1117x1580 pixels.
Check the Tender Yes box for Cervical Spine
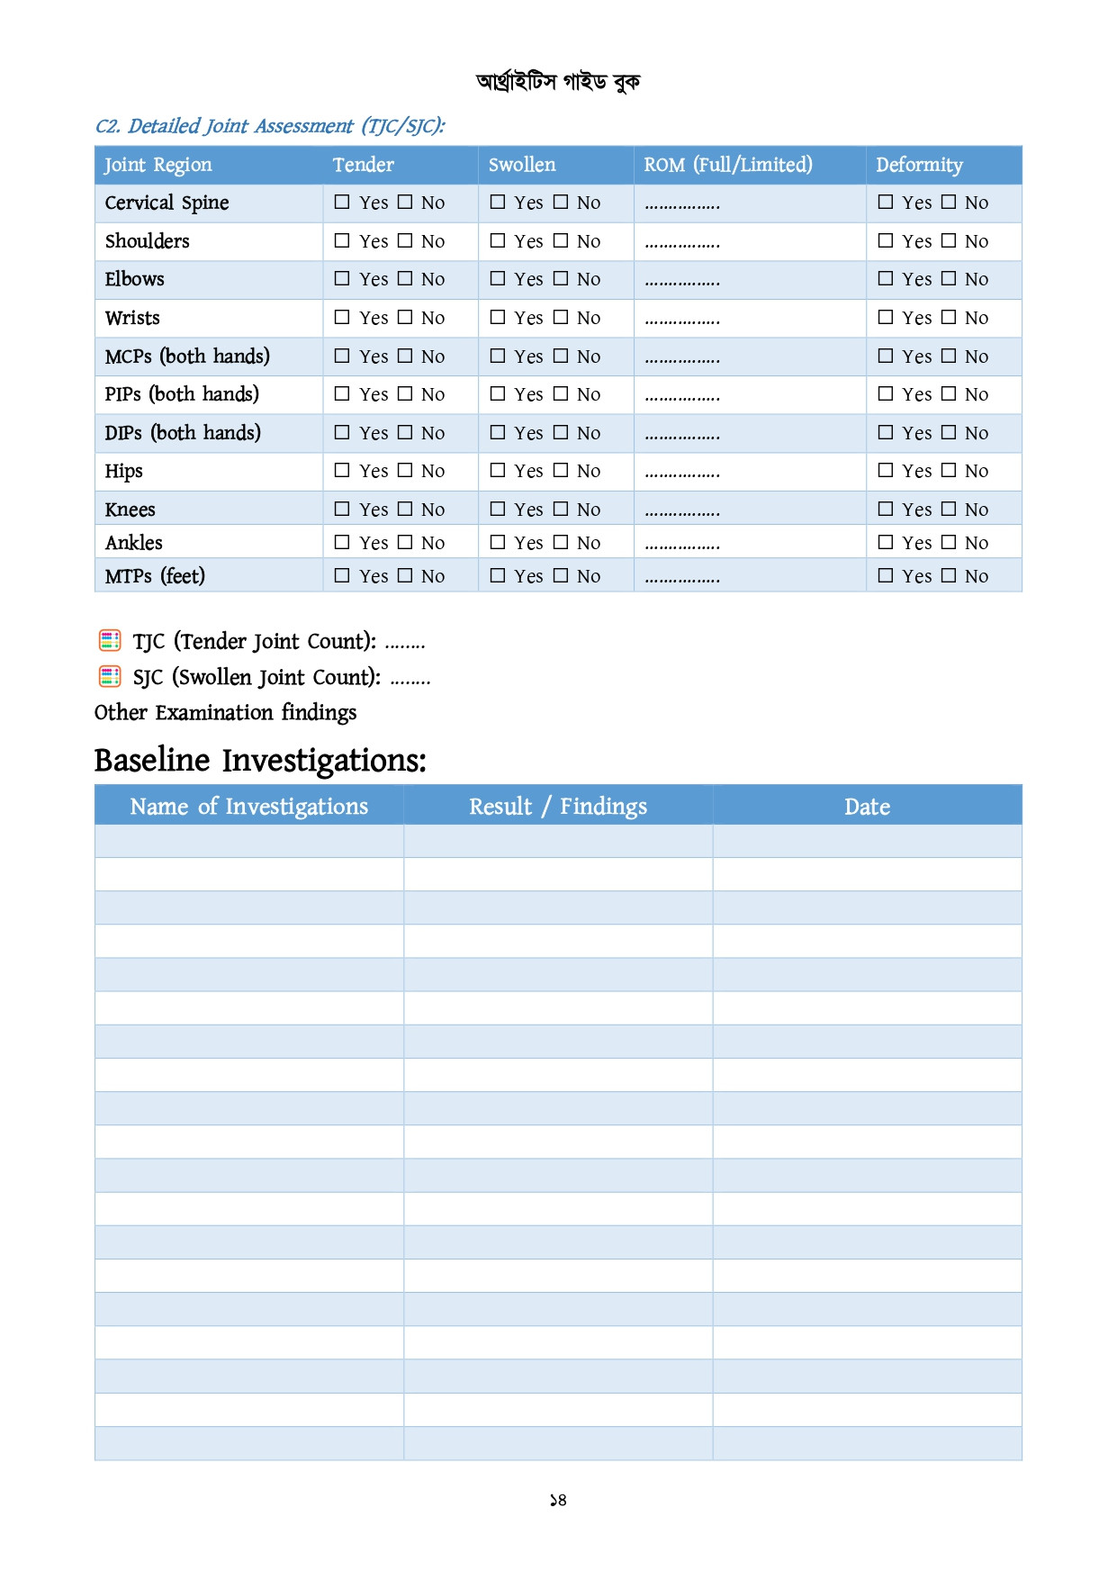(x=342, y=203)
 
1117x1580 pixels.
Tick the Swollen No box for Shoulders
(x=561, y=240)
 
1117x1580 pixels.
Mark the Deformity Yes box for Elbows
(x=886, y=279)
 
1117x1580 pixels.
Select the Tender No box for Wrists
(x=405, y=317)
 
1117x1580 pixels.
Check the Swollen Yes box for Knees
(x=498, y=509)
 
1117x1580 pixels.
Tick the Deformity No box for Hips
(x=948, y=470)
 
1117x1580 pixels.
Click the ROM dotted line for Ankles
(x=682, y=545)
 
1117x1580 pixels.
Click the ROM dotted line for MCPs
(x=682, y=358)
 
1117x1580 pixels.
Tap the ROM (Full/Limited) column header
(x=727, y=165)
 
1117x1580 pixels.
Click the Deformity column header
(x=919, y=165)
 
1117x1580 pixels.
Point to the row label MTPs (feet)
(x=155, y=576)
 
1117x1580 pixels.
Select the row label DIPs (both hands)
(x=183, y=433)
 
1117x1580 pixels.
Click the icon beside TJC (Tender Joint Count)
(x=110, y=641)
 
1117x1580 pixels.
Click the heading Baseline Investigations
(x=260, y=761)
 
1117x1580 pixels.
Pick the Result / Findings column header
(x=558, y=807)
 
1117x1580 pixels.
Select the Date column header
(x=867, y=807)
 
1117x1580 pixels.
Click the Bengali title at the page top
(x=558, y=82)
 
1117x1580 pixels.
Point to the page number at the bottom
(x=558, y=1500)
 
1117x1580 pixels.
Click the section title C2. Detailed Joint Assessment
(x=270, y=126)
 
